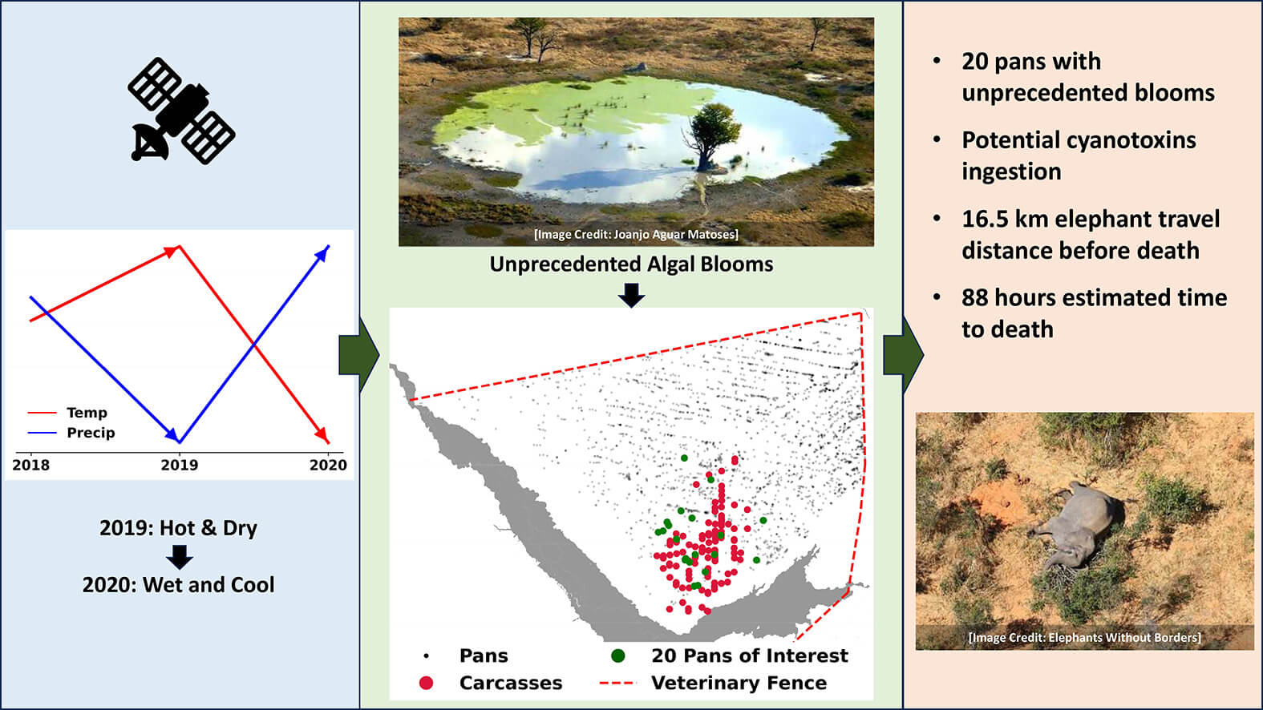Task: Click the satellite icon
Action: click(181, 111)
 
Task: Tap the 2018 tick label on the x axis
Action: click(31, 465)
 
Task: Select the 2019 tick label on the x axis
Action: click(180, 465)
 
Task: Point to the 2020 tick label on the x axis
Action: click(328, 465)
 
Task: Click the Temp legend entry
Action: click(67, 413)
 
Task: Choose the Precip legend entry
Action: click(71, 433)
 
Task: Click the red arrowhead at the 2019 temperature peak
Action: click(172, 252)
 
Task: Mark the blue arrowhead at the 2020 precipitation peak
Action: click(322, 253)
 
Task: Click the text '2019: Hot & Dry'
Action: click(178, 528)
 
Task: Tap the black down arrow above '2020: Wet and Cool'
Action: click(180, 557)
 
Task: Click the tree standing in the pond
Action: click(710, 137)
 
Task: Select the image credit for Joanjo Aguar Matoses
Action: click(636, 234)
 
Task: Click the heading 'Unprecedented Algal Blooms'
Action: click(631, 264)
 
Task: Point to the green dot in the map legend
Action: click(618, 656)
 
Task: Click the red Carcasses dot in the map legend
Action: click(427, 683)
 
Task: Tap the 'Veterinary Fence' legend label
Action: click(739, 683)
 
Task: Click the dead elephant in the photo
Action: click(1071, 524)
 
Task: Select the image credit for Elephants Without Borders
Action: click(1085, 637)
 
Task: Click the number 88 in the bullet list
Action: click(975, 297)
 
